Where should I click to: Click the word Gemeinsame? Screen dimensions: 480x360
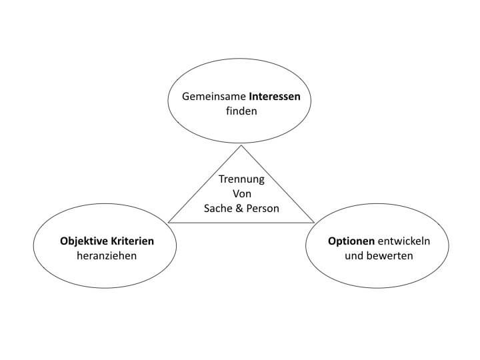(214, 97)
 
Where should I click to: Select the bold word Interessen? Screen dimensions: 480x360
(275, 97)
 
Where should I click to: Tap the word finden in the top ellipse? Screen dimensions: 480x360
(241, 111)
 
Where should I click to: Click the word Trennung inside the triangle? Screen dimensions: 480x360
(241, 179)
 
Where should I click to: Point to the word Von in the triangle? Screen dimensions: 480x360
(242, 194)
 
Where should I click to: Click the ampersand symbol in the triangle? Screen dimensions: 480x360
(239, 209)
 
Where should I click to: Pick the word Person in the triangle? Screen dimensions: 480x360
(263, 209)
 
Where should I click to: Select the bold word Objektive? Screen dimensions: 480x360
(84, 241)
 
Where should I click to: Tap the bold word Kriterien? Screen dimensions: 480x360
(132, 241)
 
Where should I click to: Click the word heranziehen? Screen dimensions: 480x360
(107, 255)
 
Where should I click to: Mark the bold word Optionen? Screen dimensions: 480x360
(351, 241)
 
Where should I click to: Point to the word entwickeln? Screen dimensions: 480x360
(404, 241)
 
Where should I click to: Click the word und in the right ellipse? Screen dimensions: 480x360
(354, 255)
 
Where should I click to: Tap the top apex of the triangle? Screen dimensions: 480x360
(241, 145)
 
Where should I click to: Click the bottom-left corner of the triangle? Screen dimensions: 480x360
(169, 223)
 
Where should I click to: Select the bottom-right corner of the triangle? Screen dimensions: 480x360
(314, 223)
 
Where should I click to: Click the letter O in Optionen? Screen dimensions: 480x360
(332, 241)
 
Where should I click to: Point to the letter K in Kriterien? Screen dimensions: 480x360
(114, 241)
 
